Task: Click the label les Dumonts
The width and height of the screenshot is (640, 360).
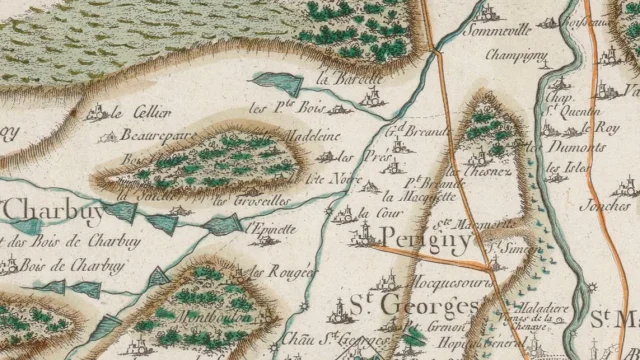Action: coord(577,147)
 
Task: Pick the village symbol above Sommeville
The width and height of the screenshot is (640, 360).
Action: coord(488,13)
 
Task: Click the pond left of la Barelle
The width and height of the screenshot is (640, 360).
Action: coord(271,84)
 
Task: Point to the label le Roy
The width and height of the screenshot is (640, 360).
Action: coord(607,128)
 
